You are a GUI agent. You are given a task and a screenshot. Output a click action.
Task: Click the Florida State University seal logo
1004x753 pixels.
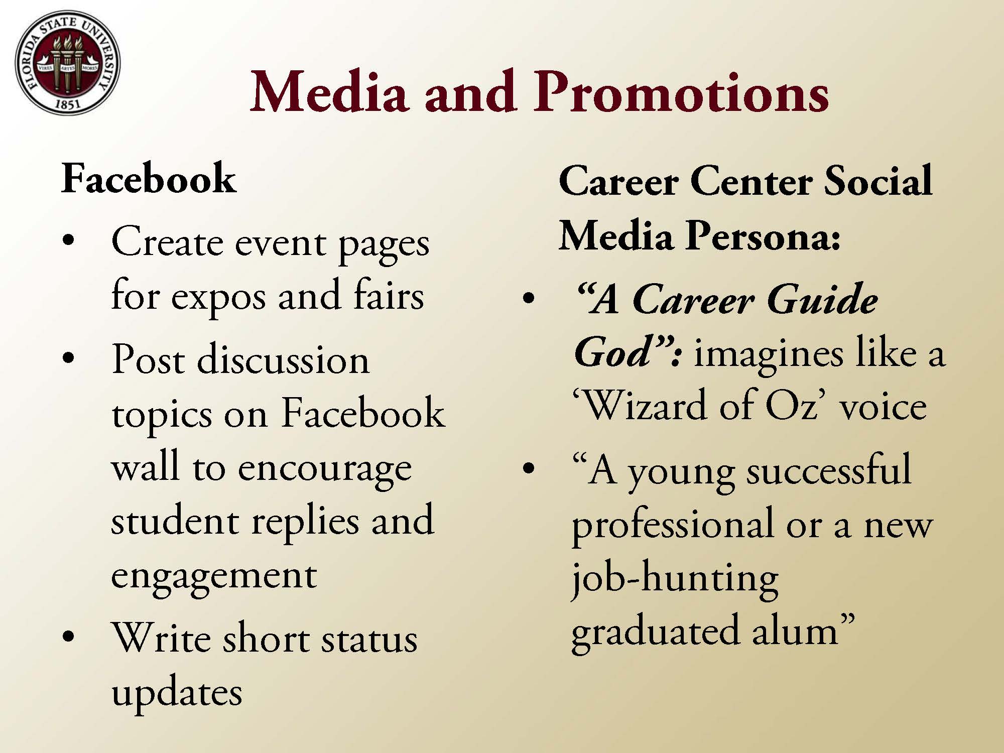[x=68, y=63]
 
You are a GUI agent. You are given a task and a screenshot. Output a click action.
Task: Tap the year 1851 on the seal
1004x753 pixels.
[x=67, y=104]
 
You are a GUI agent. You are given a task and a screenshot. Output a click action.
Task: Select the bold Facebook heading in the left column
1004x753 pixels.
[x=149, y=179]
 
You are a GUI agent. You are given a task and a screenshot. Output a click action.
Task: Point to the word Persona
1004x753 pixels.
[x=763, y=236]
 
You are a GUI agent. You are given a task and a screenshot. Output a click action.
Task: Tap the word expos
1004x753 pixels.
[x=218, y=298]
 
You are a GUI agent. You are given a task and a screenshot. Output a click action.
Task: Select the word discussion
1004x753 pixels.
[x=284, y=359]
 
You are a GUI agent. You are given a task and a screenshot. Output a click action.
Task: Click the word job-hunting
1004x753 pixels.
[x=675, y=580]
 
